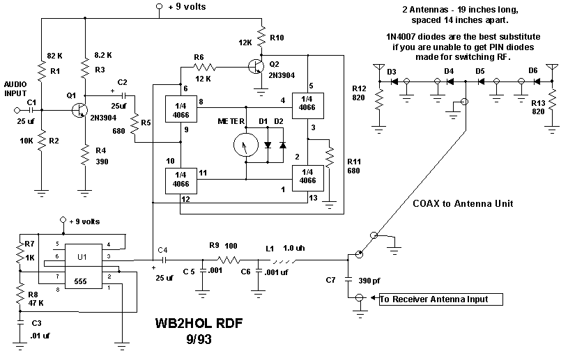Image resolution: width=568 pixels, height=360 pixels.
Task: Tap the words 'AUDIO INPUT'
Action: pos(17,87)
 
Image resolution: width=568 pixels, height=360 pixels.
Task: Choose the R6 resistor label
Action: pos(199,57)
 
